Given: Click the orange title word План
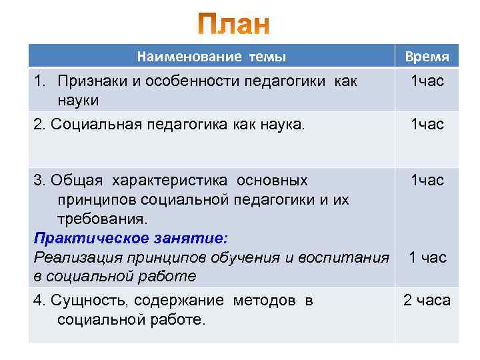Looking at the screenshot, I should click(x=234, y=25).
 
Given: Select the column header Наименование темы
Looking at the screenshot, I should click(x=211, y=57).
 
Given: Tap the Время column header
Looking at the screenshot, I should click(x=427, y=57).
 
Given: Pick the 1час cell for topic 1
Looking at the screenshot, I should click(x=427, y=81).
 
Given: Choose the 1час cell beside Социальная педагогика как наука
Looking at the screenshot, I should click(x=427, y=124).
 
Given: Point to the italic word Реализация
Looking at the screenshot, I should click(x=73, y=257).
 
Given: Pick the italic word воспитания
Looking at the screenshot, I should click(x=345, y=257).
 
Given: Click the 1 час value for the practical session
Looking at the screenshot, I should click(x=427, y=257).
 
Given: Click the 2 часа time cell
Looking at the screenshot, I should click(x=427, y=301).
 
